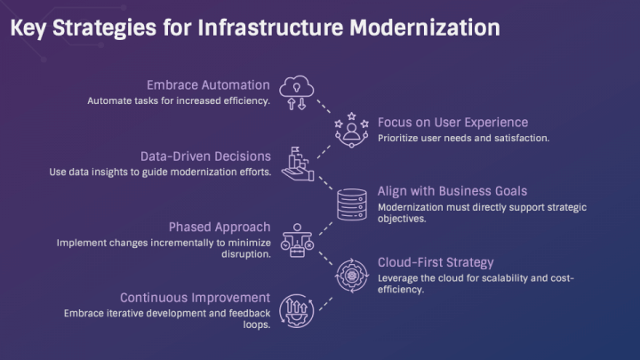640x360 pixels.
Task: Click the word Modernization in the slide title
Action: [x=424, y=28]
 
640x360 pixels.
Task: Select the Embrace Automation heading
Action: [x=208, y=85]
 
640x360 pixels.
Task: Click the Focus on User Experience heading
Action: [x=452, y=122]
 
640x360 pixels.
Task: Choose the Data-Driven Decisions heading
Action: [x=205, y=155]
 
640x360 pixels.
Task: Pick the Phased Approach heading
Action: [x=220, y=226]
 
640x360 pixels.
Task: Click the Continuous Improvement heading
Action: [x=195, y=297]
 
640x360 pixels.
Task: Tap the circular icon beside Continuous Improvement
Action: [x=296, y=311]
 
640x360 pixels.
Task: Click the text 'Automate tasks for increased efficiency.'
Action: [x=178, y=100]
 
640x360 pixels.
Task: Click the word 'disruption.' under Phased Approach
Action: [x=241, y=254]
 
